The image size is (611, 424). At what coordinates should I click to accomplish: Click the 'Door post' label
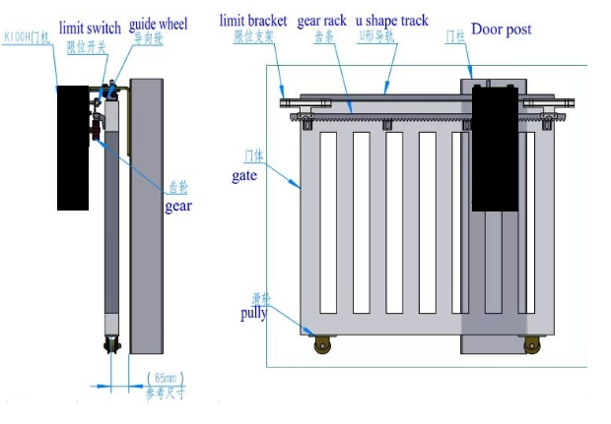point(501,30)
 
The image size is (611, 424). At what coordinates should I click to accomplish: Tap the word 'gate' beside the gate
point(244,175)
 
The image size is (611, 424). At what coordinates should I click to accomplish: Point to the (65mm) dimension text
point(165,378)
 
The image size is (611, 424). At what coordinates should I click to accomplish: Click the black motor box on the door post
point(495,148)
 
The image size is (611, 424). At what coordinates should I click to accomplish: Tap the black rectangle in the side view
point(73,148)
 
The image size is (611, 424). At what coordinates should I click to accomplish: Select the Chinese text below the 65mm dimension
point(165,394)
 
